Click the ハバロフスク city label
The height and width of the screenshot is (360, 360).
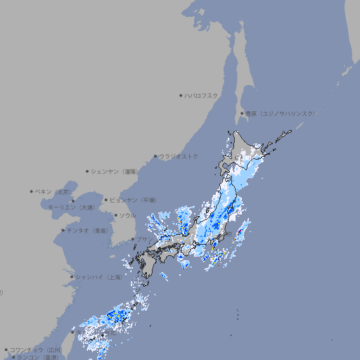(201, 95)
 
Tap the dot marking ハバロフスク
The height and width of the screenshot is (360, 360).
(181, 95)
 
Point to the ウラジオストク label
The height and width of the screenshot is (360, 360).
(179, 156)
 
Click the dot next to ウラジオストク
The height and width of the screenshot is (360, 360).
(155, 156)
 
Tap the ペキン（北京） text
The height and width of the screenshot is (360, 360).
(53, 191)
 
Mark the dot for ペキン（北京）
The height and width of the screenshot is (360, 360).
(32, 191)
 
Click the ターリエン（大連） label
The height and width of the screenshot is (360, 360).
(71, 207)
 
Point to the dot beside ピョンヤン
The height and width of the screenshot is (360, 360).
(107, 200)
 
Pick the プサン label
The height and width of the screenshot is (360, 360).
(144, 240)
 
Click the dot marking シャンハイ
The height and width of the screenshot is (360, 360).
(72, 277)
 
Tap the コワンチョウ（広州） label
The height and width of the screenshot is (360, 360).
(35, 349)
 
